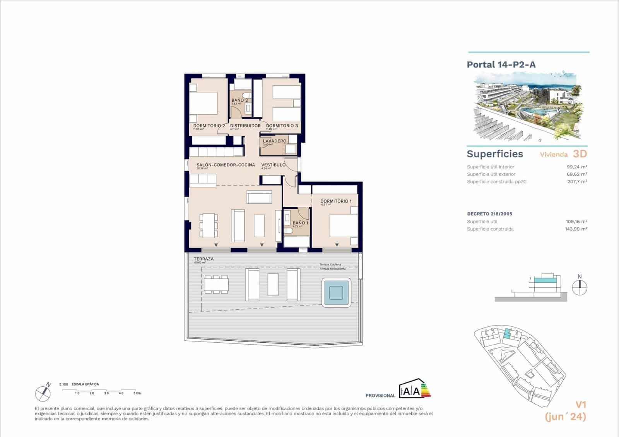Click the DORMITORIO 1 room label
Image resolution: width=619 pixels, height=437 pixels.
coord(336,201)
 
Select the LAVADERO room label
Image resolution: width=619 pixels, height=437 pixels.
coord(275,141)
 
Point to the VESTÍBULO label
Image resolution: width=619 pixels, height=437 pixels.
coord(273,165)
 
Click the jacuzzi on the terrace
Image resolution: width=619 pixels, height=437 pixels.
coord(336,292)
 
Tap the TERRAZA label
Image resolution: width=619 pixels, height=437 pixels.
coord(203,259)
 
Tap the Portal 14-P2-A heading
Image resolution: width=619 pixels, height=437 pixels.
coord(501,65)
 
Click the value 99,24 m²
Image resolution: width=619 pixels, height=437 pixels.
coord(576,167)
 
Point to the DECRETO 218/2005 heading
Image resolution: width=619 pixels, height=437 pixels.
coord(489,214)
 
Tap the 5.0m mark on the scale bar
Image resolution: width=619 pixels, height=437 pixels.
coord(136,393)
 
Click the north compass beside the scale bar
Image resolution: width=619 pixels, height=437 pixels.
coord(43,393)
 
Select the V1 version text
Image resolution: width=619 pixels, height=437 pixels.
coord(581,405)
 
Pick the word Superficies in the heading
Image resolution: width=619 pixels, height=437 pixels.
coord(495,154)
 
